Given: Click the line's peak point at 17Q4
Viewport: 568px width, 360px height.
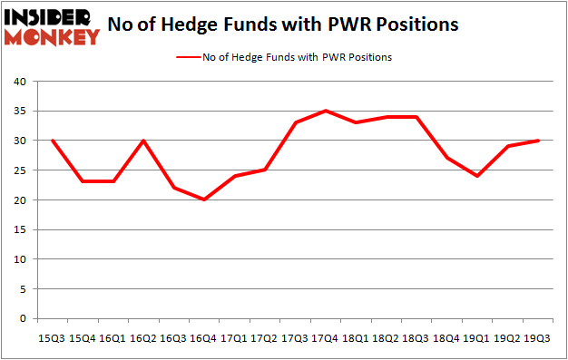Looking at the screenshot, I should point(325,111).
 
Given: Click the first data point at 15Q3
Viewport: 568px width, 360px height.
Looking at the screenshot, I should point(53,141).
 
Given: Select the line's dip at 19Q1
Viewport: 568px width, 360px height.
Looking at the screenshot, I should point(477,176).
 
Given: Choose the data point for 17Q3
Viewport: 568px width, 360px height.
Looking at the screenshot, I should point(295,122).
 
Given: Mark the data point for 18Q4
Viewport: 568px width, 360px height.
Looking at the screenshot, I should point(447,158).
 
